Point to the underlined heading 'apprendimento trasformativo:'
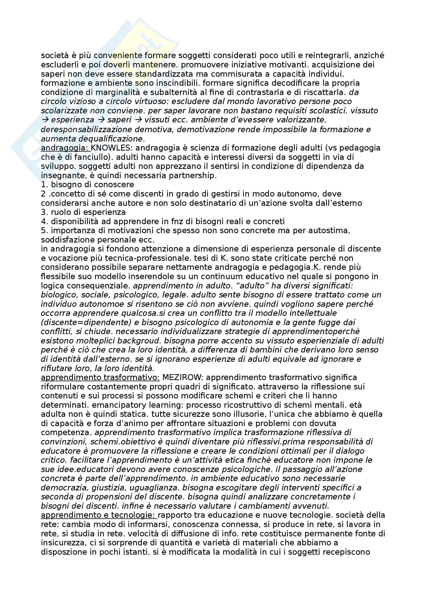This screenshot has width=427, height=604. [x=100, y=378]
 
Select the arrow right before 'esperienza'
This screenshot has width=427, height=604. [x=45, y=120]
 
